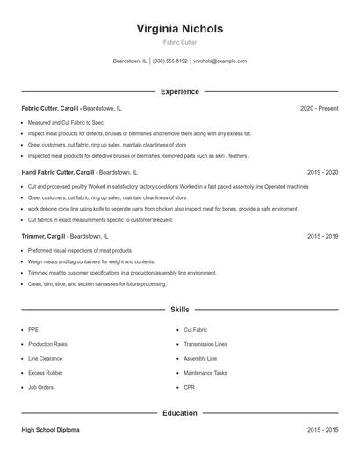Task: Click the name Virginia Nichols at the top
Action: pyautogui.click(x=180, y=29)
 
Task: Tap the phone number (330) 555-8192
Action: pyautogui.click(x=170, y=61)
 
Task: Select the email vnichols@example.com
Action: pyautogui.click(x=220, y=61)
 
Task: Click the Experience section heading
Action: pyautogui.click(x=180, y=91)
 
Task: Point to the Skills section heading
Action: pyautogui.click(x=180, y=310)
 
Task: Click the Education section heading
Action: pyautogui.click(x=180, y=412)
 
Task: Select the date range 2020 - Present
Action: pyautogui.click(x=319, y=108)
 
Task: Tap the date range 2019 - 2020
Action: pyautogui.click(x=322, y=172)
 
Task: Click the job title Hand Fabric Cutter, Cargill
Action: pyautogui.click(x=58, y=172)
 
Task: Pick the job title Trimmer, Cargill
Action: pyautogui.click(x=44, y=236)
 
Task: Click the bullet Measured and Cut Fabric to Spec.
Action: pyautogui.click(x=66, y=122)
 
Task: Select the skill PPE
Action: pyautogui.click(x=33, y=329)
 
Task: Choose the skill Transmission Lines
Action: pyautogui.click(x=205, y=344)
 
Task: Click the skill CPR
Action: pyautogui.click(x=188, y=387)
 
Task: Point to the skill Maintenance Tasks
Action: pyautogui.click(x=205, y=372)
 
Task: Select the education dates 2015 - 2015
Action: pyautogui.click(x=322, y=430)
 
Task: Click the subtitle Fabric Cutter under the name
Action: pyautogui.click(x=180, y=42)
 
